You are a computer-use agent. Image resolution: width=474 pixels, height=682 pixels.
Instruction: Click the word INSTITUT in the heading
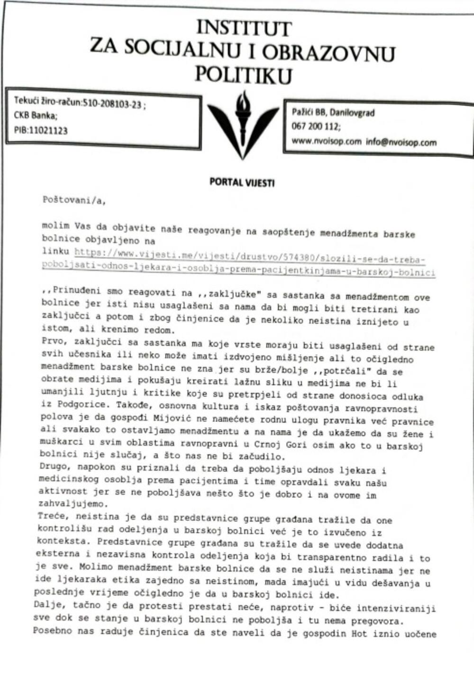[x=244, y=28]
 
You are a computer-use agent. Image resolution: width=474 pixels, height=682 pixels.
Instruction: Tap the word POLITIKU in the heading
[x=244, y=75]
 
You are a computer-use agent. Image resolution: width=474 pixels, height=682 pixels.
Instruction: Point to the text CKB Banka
[x=36, y=116]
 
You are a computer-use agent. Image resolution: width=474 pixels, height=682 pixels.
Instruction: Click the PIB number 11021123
[x=48, y=130]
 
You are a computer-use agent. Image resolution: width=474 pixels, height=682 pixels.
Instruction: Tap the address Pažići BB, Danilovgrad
[x=333, y=113]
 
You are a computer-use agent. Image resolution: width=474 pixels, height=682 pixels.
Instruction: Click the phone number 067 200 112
[x=316, y=126]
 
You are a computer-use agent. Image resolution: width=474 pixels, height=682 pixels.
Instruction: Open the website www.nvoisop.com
[x=327, y=141]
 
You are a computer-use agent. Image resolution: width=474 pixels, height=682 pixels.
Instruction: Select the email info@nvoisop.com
[x=401, y=142]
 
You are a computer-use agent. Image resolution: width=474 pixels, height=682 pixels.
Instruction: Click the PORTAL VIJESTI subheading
[x=242, y=182]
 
